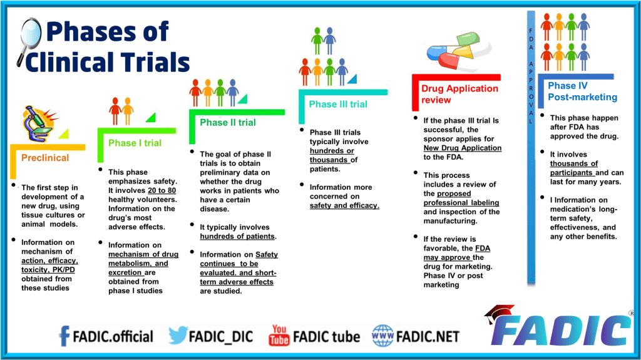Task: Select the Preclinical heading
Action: coord(45,158)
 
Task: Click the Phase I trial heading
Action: coord(135,143)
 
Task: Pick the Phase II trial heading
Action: coord(228,123)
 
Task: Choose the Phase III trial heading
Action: coord(338,104)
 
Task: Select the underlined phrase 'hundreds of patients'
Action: coord(237,236)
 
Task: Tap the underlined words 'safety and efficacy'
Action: coord(344,205)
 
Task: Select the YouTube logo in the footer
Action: coord(279,336)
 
